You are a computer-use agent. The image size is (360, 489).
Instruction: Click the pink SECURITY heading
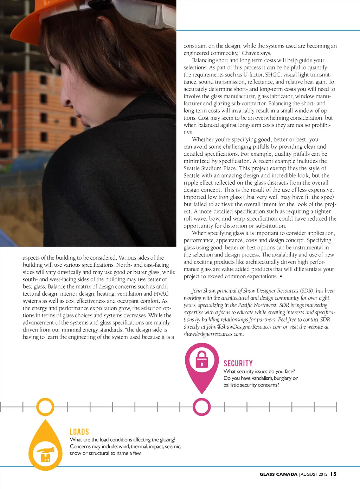tap(238, 363)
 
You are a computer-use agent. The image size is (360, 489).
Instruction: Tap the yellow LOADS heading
tap(79, 432)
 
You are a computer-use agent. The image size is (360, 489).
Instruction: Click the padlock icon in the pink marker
tap(201, 359)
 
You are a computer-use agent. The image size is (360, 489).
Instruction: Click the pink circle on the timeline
tap(201, 407)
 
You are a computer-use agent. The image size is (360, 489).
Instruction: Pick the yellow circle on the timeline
tap(45, 407)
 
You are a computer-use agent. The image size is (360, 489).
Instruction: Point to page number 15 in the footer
tap(333, 474)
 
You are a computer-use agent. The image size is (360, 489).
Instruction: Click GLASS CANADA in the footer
tap(278, 474)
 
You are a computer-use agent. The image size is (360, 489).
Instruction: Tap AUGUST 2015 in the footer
tap(314, 474)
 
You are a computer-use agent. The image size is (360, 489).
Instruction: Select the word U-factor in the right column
tap(253, 74)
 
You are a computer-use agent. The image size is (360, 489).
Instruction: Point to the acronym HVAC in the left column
tap(161, 293)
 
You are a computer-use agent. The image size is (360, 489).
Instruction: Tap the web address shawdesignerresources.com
tap(213, 334)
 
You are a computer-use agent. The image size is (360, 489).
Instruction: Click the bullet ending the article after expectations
tap(281, 276)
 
